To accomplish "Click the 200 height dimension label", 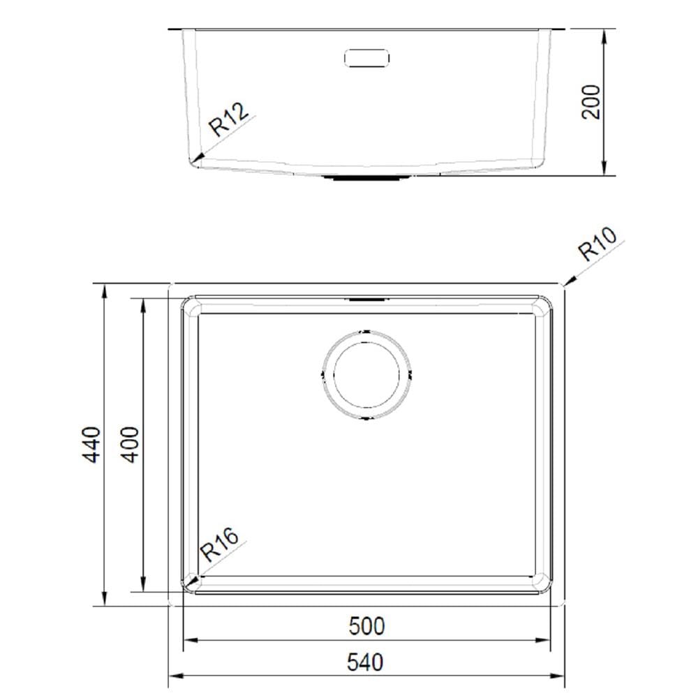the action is pyautogui.click(x=591, y=102).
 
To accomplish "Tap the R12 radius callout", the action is pyautogui.click(x=229, y=119).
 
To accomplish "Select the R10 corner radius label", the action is pyautogui.click(x=598, y=244).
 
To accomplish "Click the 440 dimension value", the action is pyautogui.click(x=92, y=445).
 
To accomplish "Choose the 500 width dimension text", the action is pyautogui.click(x=366, y=626).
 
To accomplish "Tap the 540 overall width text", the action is pyautogui.click(x=365, y=662).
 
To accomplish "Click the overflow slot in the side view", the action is pyautogui.click(x=367, y=58).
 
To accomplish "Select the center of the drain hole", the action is pyautogui.click(x=366, y=375).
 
